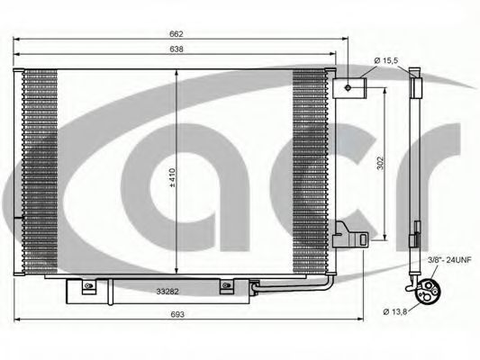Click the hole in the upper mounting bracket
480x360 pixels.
348,86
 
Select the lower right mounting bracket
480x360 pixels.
350,238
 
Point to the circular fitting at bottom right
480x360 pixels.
425,290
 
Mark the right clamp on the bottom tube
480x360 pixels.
224,288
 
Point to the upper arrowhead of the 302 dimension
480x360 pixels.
386,90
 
